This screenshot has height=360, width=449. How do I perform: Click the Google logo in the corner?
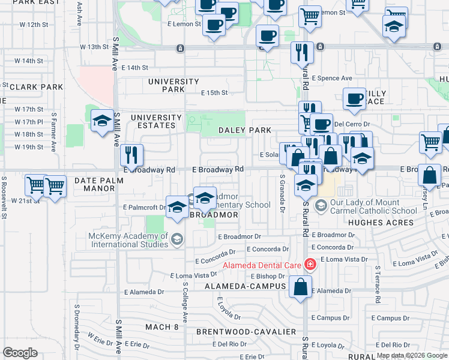click(20, 352)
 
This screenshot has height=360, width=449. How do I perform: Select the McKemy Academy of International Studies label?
click(128, 240)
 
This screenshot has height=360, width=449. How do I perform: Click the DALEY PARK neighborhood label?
click(245, 130)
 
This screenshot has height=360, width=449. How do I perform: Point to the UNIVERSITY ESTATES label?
click(156, 121)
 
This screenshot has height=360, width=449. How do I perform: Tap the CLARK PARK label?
click(36, 87)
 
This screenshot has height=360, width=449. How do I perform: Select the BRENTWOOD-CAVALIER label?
click(246, 331)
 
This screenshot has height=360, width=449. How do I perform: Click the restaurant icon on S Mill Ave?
click(130, 155)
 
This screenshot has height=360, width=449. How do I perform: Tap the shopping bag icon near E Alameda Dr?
click(300, 287)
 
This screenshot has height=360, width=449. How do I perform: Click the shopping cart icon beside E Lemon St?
click(310, 17)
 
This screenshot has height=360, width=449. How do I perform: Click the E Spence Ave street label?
click(333, 78)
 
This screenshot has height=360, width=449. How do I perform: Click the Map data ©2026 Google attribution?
click(411, 355)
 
